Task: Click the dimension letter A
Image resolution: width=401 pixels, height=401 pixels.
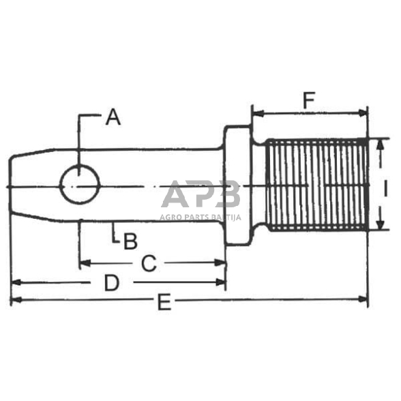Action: (113, 117)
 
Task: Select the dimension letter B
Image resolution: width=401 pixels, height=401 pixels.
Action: (130, 241)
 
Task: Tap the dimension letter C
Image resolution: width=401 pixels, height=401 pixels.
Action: (149, 263)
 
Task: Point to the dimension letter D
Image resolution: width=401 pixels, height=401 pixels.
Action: (112, 283)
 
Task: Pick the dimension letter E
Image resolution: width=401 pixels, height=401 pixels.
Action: (164, 302)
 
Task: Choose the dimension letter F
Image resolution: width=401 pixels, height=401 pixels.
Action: (309, 100)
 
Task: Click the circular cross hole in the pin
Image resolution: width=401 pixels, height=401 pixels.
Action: (80, 184)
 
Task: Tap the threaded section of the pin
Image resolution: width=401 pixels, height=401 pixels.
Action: (317, 184)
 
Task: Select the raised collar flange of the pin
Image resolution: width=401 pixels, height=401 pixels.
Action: (237, 185)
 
